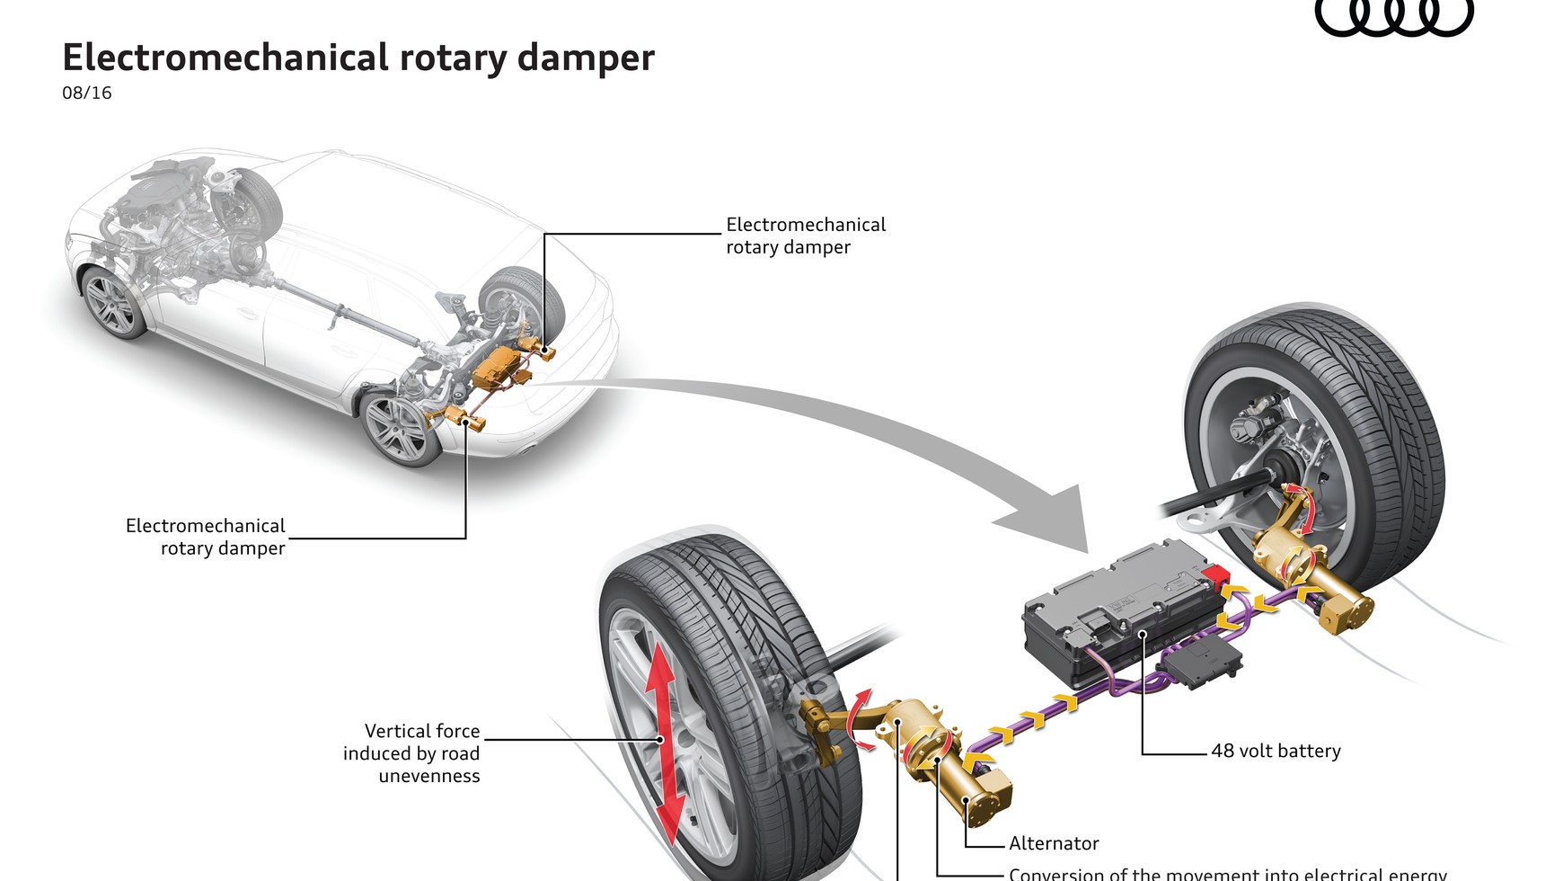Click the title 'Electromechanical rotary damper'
(x=358, y=58)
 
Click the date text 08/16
(x=87, y=93)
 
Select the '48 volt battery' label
(x=1276, y=751)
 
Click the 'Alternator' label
(x=1054, y=843)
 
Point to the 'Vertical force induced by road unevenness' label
(x=412, y=753)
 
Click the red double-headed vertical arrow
(x=663, y=741)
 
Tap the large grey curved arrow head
(x=1051, y=517)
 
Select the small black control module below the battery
(x=1204, y=665)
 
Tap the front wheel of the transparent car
(x=112, y=301)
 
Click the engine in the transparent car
(x=162, y=193)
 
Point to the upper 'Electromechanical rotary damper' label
(x=806, y=236)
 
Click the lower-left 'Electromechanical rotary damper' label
(x=206, y=537)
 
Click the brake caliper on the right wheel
(x=1253, y=423)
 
